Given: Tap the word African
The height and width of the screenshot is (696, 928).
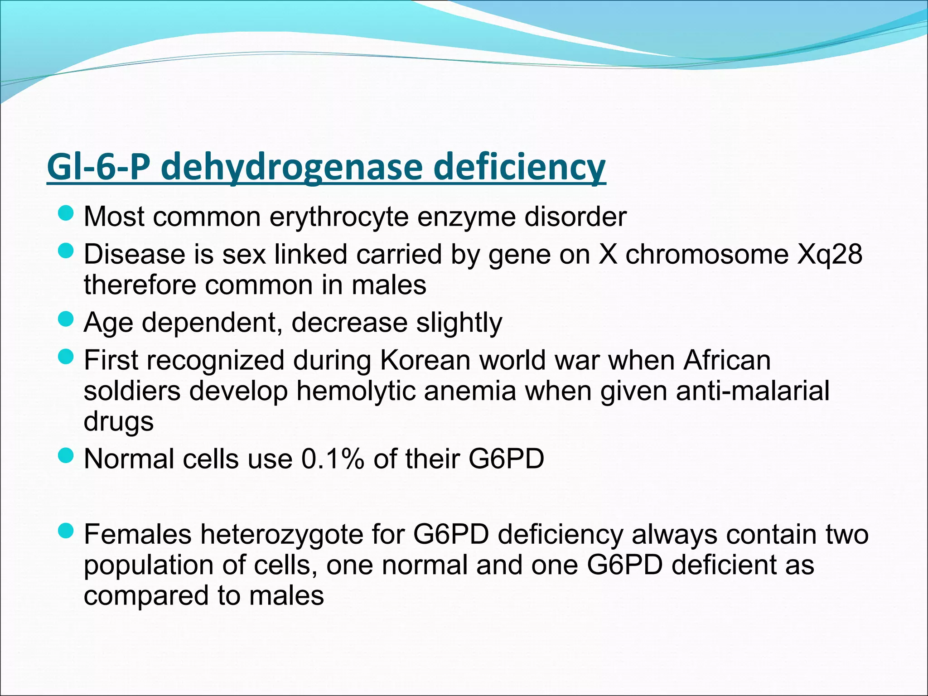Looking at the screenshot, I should (727, 360).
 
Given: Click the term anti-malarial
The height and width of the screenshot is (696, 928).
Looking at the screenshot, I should (753, 391).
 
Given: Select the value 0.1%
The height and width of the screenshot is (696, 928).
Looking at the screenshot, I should (333, 459).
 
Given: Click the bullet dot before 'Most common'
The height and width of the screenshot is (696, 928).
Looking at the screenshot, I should (66, 213).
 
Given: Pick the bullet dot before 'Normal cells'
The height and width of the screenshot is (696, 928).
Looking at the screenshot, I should (66, 455).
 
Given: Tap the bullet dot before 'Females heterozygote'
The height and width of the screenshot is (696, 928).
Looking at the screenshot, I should (66, 531).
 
